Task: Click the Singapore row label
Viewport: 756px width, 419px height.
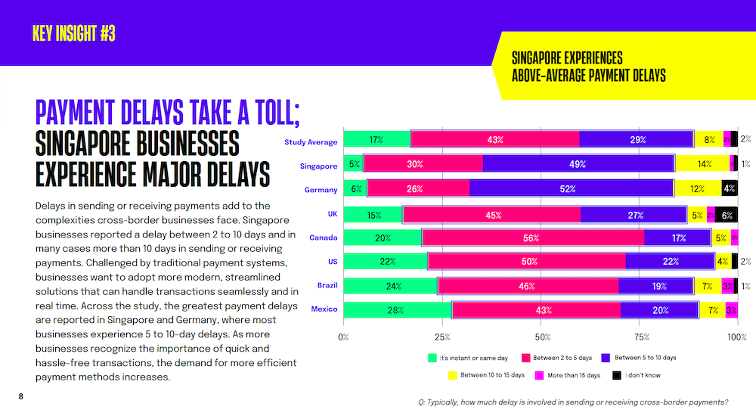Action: [x=318, y=166]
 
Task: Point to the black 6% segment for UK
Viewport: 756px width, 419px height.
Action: [x=727, y=214]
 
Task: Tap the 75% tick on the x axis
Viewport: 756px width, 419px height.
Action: [x=640, y=337]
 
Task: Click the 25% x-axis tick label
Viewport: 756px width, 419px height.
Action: [x=442, y=337]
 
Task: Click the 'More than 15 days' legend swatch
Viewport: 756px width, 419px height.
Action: [x=540, y=374]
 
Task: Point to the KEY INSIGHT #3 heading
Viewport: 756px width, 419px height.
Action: [x=74, y=34]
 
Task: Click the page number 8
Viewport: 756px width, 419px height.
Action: [x=21, y=396]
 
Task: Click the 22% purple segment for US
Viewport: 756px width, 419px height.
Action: [x=670, y=262]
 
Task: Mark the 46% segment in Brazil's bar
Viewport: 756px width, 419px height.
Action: [x=528, y=286]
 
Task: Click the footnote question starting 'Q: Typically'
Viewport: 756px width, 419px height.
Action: [x=572, y=402]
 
